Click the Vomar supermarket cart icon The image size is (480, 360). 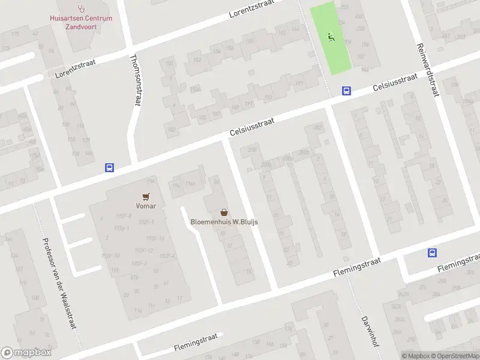146,196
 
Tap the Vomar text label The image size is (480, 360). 146,206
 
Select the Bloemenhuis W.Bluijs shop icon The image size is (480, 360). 224,212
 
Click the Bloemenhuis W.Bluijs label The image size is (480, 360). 224,221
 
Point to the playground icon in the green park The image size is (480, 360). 331,38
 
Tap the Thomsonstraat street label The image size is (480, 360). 135,80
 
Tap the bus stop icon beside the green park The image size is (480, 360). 346,91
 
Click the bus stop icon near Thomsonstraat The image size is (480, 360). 109,168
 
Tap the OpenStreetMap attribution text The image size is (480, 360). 454,356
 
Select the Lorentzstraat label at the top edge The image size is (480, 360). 252,8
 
